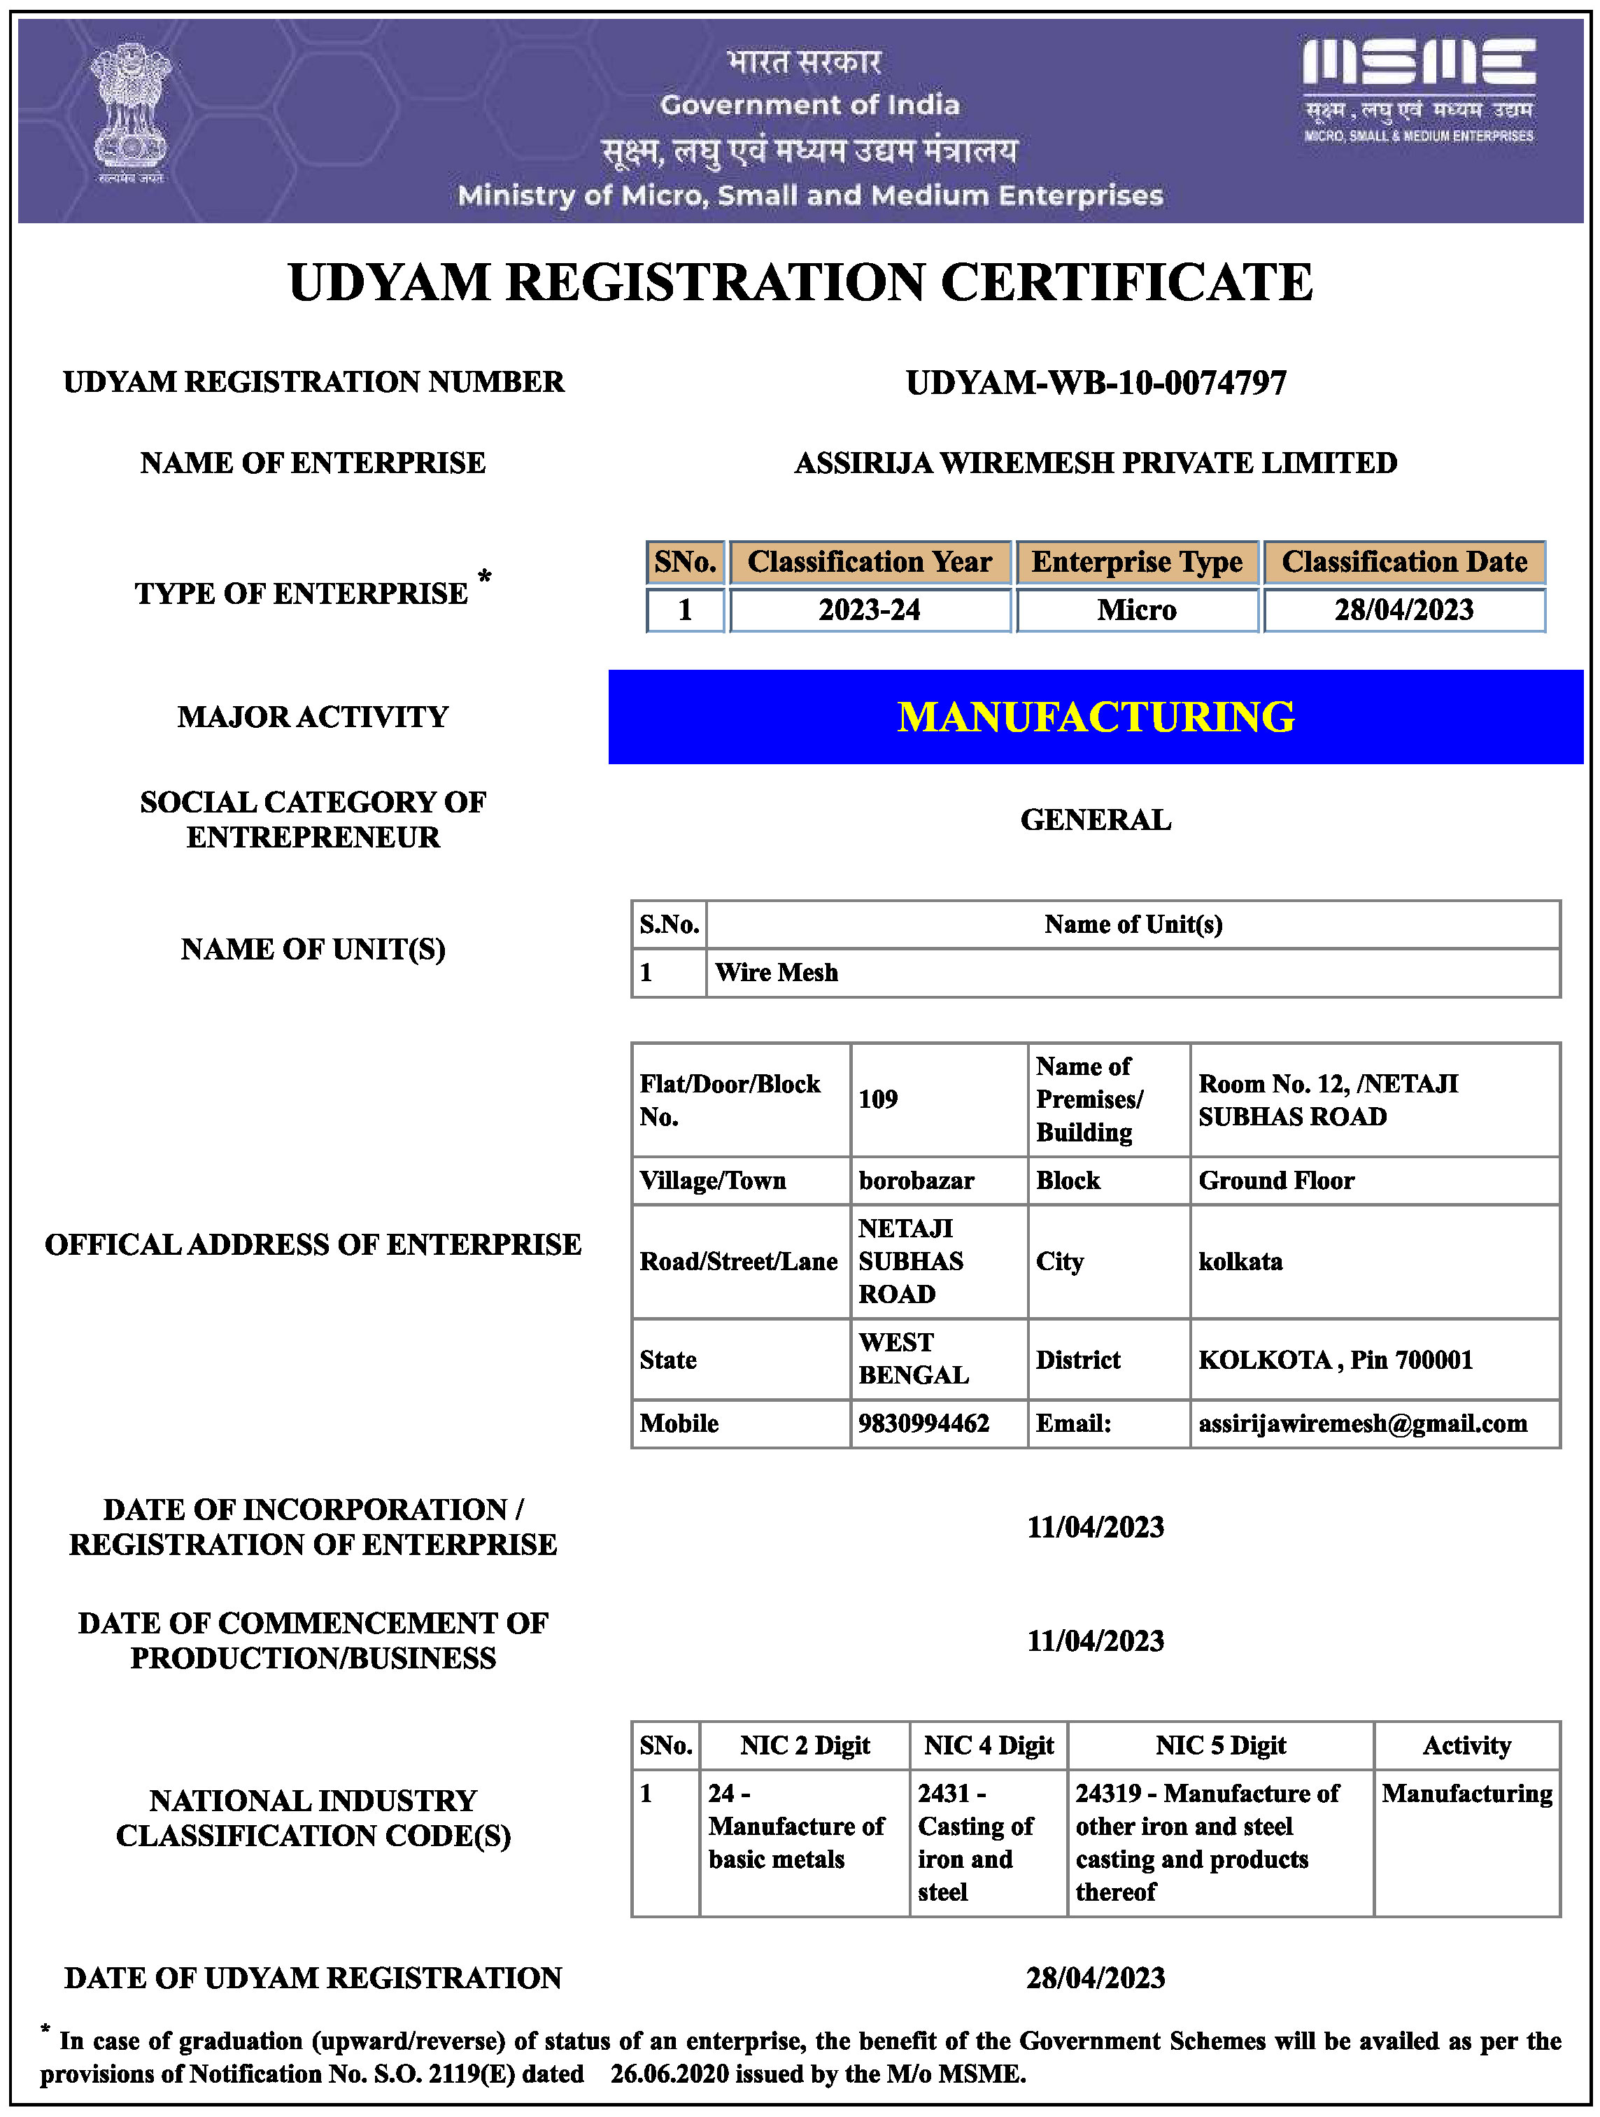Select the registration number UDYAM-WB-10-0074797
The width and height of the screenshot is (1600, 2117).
pos(1096,383)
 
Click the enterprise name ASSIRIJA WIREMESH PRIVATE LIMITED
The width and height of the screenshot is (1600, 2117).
pos(1096,463)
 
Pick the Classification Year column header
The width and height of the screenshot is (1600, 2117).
pos(869,562)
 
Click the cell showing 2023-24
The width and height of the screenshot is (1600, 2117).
pos(869,610)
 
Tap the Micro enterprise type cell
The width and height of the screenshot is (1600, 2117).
pos(1136,610)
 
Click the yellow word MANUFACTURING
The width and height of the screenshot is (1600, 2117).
pos(1096,717)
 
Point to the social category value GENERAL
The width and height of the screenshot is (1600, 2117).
pos(1096,820)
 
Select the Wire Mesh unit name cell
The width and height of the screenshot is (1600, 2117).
pos(776,972)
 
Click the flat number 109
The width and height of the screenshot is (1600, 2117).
pos(877,1099)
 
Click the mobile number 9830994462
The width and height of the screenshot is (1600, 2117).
pos(923,1423)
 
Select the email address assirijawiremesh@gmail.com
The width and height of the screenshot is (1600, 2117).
pos(1363,1423)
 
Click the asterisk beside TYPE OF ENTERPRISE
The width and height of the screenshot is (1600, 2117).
pos(485,577)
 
